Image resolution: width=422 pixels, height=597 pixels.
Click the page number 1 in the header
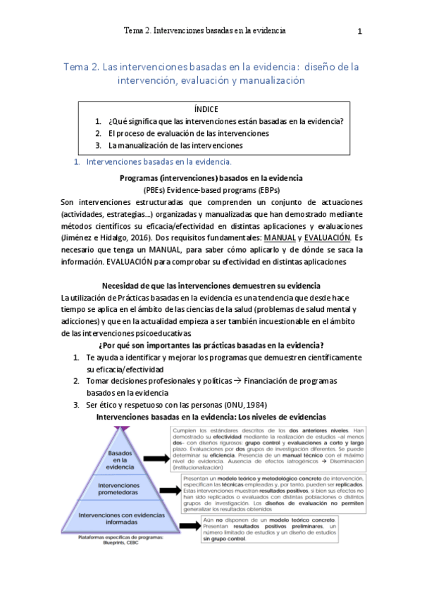tap(359, 31)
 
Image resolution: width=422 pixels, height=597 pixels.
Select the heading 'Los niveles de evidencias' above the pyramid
tap(280, 417)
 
